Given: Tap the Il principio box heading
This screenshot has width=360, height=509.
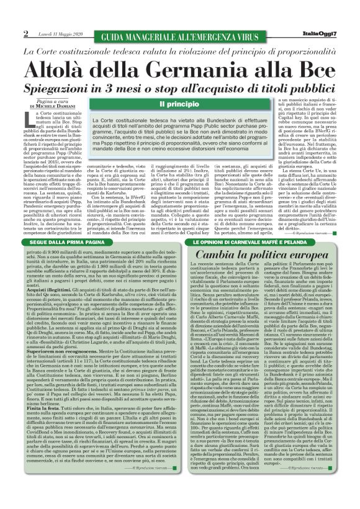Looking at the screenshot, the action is pyautogui.click(x=179, y=104).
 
